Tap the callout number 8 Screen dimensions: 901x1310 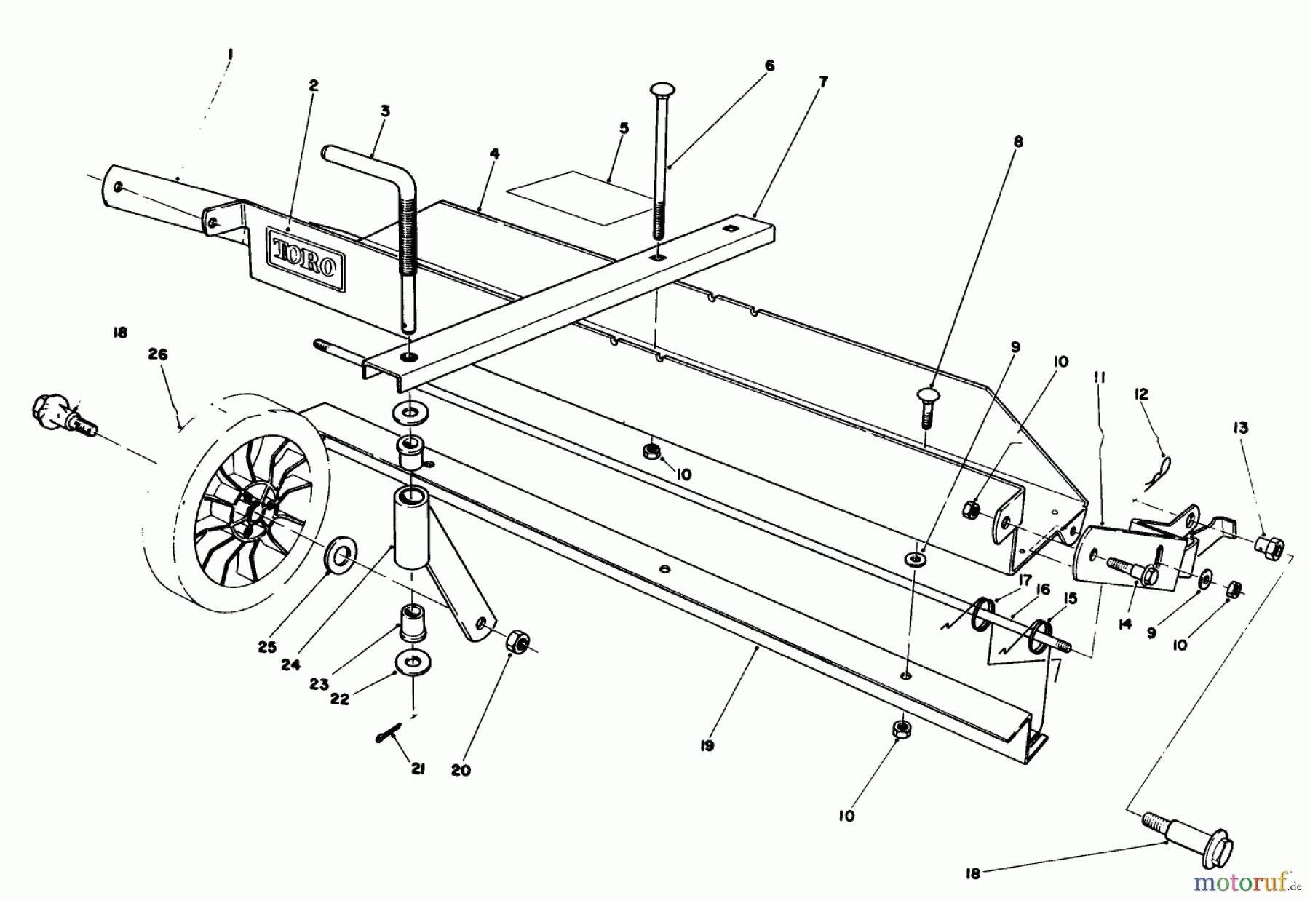click(x=1017, y=142)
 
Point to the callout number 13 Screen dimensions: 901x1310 click(x=1240, y=428)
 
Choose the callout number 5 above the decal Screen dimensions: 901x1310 click(x=624, y=129)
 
